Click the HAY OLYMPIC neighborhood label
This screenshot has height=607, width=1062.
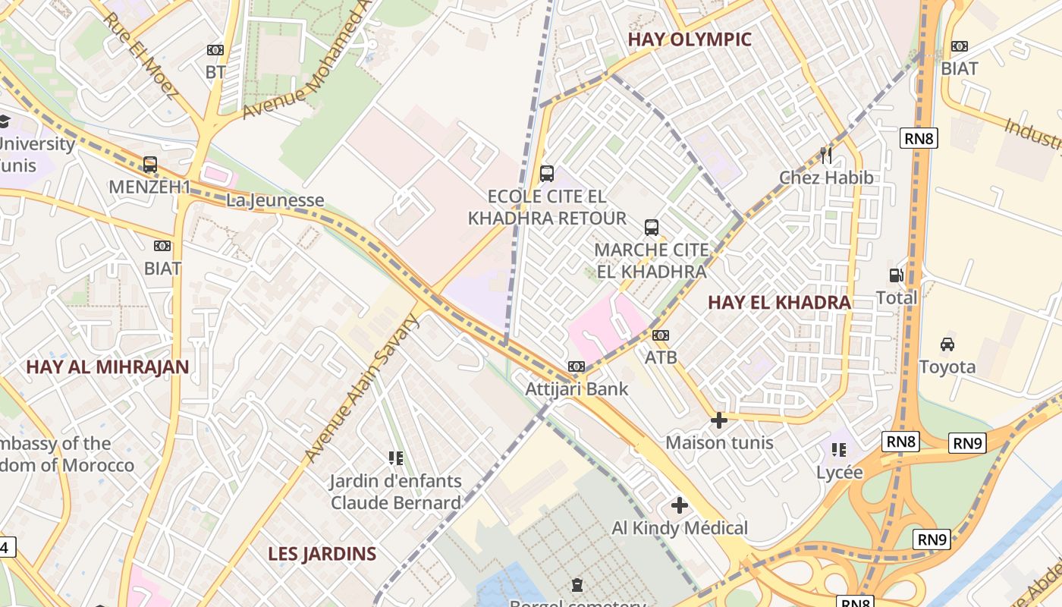coord(690,39)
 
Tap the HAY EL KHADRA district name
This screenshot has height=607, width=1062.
coord(779,302)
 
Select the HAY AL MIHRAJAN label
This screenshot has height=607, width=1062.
coord(107,367)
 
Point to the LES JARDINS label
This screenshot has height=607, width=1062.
coord(322,554)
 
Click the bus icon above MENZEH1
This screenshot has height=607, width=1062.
coord(150,165)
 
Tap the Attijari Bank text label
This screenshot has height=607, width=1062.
coord(577,389)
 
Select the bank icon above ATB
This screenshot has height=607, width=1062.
coord(661,335)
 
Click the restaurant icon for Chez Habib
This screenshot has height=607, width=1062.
coord(826,156)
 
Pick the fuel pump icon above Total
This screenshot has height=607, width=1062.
coord(897,275)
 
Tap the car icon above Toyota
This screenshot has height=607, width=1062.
coord(947,344)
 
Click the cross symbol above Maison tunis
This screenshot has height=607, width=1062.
coord(719,420)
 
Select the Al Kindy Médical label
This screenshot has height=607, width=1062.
coord(680,528)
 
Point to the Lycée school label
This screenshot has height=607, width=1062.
coord(839,472)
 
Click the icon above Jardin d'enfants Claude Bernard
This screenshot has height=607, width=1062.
coord(395,458)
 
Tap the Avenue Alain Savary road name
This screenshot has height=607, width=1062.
coord(362,388)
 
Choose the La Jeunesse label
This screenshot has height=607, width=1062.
coord(275,201)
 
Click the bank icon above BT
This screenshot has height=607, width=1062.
coord(215,50)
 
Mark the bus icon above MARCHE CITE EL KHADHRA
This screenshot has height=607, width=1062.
coord(652,228)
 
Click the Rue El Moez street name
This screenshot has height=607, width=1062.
coord(140,56)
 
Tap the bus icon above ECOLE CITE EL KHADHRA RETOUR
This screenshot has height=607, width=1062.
coord(546,174)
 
